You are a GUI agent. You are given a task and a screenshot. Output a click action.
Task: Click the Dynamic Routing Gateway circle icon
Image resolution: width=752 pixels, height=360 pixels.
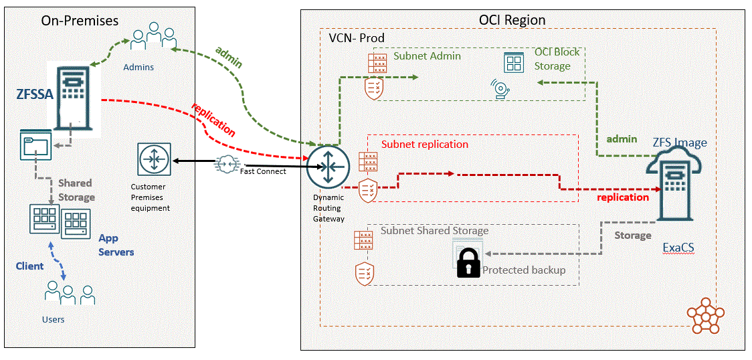[328, 165]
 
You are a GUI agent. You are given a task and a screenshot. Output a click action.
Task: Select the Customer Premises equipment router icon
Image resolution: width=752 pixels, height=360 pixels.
[155, 161]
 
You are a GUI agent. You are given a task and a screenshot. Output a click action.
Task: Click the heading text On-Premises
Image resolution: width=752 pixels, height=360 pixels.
[80, 21]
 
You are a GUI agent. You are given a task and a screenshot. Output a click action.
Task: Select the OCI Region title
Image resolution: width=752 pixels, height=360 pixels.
[512, 20]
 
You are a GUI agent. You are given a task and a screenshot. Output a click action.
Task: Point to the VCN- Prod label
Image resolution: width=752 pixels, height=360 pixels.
[357, 38]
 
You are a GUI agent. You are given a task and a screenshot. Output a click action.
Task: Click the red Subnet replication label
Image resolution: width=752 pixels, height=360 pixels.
[425, 144]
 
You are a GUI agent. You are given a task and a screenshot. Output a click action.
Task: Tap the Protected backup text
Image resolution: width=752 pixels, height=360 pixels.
[524, 270]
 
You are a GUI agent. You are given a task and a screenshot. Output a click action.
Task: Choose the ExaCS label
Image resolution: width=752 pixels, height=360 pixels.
[678, 248]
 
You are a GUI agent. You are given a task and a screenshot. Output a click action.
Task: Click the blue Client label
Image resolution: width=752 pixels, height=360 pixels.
[30, 266]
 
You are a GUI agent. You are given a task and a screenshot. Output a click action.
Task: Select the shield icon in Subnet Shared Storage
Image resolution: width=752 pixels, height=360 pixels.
[365, 273]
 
